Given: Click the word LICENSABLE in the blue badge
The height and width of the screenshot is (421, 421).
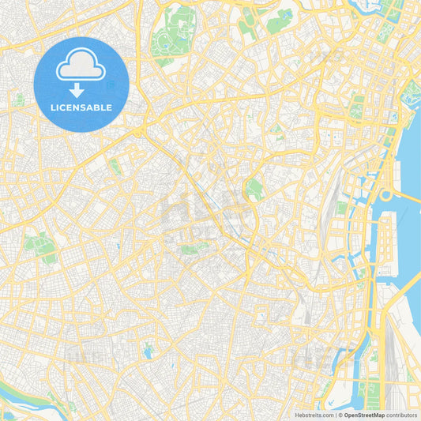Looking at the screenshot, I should [81, 107].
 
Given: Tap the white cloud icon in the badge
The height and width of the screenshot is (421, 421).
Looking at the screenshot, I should [81, 66].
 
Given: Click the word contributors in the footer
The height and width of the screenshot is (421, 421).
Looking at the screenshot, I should [403, 414].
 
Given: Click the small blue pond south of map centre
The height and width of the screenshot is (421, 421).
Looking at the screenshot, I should [148, 352].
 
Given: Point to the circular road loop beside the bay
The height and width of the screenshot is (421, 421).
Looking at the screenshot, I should [386, 195].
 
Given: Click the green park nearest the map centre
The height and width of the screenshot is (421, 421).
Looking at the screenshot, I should [254, 188].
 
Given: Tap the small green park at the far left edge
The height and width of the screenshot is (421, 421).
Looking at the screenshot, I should [17, 100].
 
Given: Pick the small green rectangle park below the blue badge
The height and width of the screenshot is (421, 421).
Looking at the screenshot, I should [115, 165].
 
